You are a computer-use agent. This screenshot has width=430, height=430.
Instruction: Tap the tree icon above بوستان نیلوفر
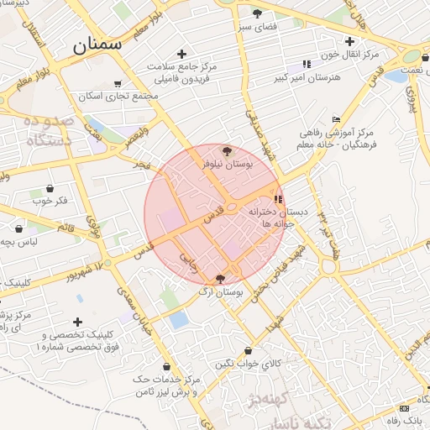click(x=227, y=151)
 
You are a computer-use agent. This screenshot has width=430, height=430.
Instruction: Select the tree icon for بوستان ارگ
click(x=221, y=279)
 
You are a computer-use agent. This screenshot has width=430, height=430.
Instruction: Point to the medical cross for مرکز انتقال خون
click(x=349, y=41)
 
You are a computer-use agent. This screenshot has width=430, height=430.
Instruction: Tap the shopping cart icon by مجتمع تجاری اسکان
click(x=117, y=83)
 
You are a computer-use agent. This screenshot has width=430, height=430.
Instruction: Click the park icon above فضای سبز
click(x=257, y=13)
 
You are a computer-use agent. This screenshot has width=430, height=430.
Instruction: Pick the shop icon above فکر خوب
click(x=50, y=188)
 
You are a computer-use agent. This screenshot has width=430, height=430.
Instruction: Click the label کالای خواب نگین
click(x=247, y=363)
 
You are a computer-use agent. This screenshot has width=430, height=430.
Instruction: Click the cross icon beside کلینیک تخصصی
click(x=77, y=322)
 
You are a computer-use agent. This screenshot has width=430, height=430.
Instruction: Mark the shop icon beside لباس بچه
click(x=18, y=228)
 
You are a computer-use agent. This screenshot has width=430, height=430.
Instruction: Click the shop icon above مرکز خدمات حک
click(x=168, y=367)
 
